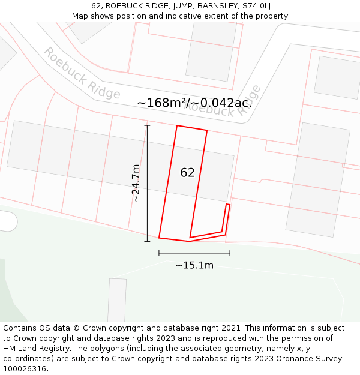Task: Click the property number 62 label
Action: click(x=187, y=173)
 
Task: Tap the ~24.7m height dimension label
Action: click(x=136, y=183)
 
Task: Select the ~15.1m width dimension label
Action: click(x=194, y=265)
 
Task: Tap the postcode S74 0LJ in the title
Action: click(x=256, y=5)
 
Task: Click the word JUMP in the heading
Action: click(x=165, y=5)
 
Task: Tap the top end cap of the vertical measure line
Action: click(x=147, y=125)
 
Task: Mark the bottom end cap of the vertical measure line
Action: click(x=147, y=241)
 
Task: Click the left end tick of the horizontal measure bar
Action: click(x=159, y=253)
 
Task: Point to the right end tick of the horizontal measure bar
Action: click(x=230, y=253)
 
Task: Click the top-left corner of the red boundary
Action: click(x=177, y=126)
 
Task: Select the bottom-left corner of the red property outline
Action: click(x=159, y=238)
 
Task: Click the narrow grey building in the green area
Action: click(x=117, y=300)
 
